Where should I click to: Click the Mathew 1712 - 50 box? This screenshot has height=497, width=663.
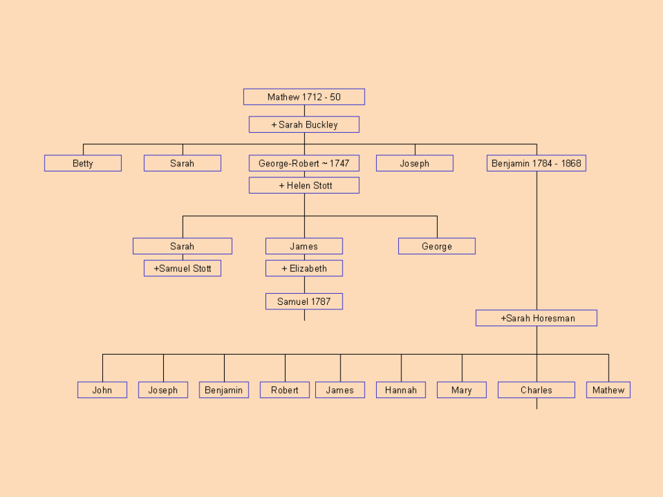point(304,97)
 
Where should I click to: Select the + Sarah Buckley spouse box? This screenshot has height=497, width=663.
point(304,124)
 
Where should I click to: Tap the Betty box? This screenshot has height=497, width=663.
point(83,164)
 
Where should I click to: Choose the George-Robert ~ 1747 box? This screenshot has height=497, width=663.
point(304,164)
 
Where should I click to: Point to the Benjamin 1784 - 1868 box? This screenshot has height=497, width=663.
point(536,164)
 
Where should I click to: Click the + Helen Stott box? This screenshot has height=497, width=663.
point(304,186)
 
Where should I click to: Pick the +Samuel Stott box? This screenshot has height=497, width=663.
point(183,269)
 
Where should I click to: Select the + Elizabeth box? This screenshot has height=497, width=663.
point(304,269)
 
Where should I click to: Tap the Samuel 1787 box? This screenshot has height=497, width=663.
point(304,302)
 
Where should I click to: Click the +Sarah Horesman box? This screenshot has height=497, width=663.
point(536,318)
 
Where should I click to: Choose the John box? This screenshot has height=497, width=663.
point(102,390)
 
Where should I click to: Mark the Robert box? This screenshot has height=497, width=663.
point(285,390)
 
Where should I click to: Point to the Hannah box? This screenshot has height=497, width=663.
point(401,390)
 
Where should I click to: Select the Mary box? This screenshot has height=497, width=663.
point(462,390)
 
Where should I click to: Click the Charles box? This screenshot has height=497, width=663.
point(536,390)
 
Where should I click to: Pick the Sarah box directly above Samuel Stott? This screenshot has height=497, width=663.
point(183,247)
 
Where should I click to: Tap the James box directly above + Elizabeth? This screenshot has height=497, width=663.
point(304,247)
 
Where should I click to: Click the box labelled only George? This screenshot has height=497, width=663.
point(437,247)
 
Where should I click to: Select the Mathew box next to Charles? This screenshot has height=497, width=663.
point(609,390)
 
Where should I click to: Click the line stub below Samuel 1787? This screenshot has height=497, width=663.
point(304,315)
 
